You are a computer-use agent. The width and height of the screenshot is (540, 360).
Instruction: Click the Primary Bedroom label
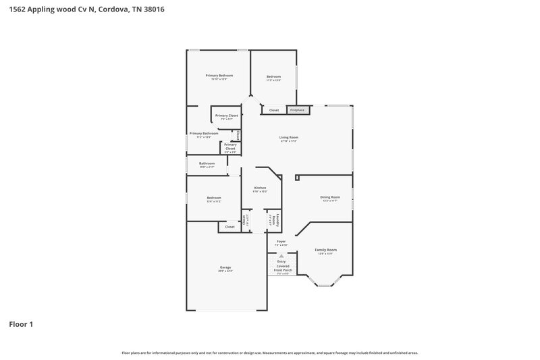coord(219,75)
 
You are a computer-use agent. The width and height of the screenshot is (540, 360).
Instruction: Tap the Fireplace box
coord(297,110)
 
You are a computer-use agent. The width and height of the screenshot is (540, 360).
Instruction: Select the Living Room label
coord(289,137)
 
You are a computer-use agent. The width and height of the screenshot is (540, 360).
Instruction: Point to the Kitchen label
coord(260,188)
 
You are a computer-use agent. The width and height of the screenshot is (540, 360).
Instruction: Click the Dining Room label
coord(330,197)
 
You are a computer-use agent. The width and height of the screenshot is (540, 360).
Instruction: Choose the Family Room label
coord(325,250)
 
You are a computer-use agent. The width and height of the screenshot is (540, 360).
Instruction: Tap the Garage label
coord(225,267)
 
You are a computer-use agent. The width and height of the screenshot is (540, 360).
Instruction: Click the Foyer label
coord(281,241)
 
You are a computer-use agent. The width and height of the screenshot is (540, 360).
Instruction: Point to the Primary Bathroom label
coord(204,134)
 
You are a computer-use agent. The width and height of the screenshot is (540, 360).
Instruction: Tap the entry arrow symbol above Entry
coord(281,256)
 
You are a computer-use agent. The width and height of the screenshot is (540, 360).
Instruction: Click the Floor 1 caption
coord(21,324)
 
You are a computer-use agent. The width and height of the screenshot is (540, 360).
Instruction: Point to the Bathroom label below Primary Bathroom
coord(207,163)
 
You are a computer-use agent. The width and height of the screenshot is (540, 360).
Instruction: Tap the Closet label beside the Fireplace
coord(274,110)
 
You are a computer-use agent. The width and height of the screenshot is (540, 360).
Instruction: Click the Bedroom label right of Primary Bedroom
coord(273,76)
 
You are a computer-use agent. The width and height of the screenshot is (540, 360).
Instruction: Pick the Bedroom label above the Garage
coord(213,197)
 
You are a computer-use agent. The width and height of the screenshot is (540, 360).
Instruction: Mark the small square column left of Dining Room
coord(297,178)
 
